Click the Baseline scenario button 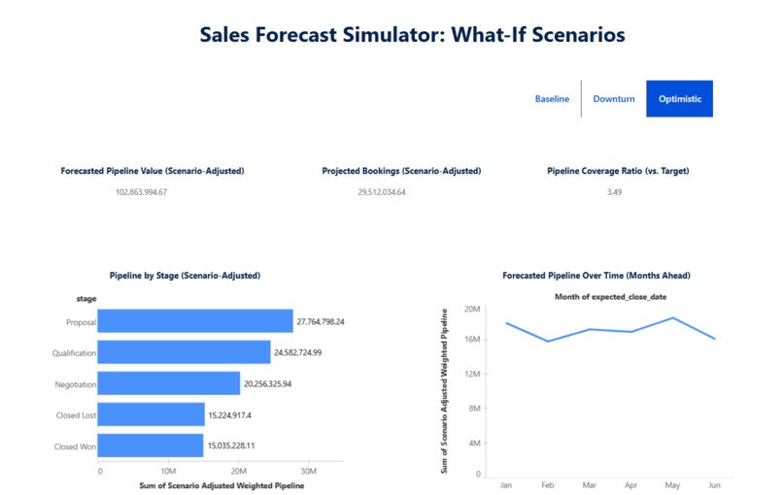pos(552,99)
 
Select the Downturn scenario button pos(614,99)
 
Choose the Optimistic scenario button pos(679,99)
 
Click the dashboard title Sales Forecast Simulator pos(412,35)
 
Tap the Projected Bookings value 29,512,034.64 pos(382,192)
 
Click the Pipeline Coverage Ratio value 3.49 pos(614,192)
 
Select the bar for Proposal pos(194,321)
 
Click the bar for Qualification pos(184,352)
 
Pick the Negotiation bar pos(168,383)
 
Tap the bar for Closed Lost pos(151,414)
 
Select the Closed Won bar pos(151,445)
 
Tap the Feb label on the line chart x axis pos(548,483)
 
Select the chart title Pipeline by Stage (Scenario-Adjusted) pos(186,276)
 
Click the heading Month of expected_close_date pos(610,296)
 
